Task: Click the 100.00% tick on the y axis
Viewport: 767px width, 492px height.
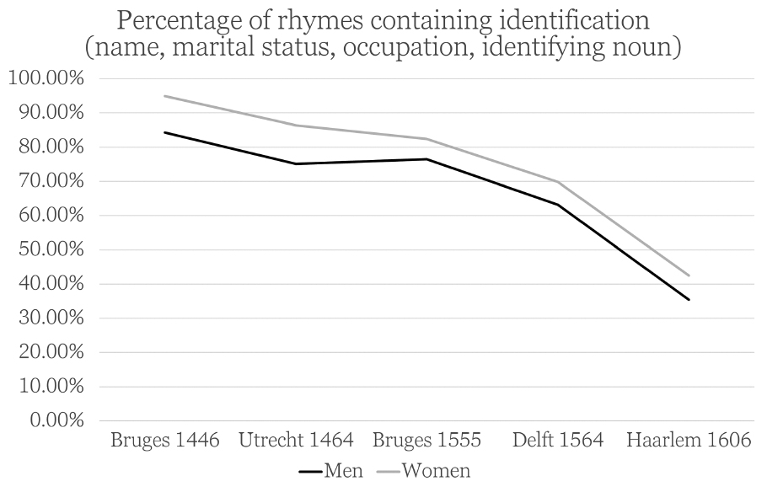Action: pos(46,78)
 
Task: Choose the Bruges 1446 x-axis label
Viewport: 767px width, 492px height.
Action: pos(166,441)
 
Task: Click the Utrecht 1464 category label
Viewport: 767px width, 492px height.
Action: pos(296,441)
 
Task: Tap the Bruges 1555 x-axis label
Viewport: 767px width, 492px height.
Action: pos(427,441)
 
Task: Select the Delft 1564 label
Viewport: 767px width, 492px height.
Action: pos(558,441)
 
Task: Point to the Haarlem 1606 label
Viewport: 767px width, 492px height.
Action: pos(689,441)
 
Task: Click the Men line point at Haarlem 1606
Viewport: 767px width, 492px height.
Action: pos(689,299)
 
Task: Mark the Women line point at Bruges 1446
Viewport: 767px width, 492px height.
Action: pos(166,96)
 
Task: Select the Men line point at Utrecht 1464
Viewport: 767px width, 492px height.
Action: pos(296,163)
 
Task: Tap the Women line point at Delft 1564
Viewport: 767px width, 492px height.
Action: pos(558,182)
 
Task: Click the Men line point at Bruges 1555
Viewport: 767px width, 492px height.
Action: pos(427,159)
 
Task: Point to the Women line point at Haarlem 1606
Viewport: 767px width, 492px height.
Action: pos(689,275)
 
